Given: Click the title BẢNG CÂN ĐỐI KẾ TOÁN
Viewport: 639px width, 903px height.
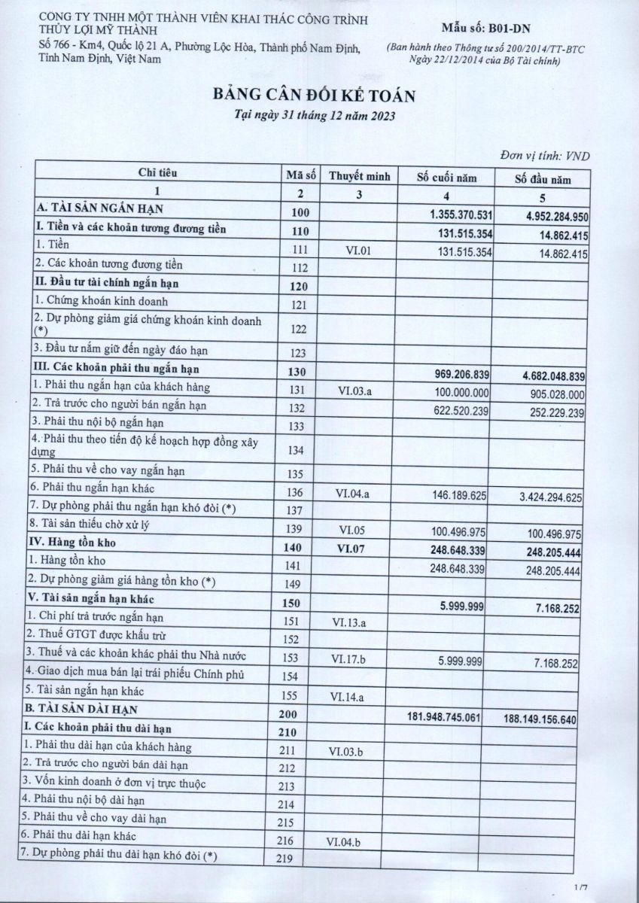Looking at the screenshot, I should pyautogui.click(x=314, y=95).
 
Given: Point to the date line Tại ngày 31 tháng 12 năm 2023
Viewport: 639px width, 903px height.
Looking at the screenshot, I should pyautogui.click(x=314, y=117).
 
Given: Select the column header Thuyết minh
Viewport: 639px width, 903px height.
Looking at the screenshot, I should pyautogui.click(x=359, y=178).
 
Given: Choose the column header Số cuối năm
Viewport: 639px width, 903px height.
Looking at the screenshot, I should pyautogui.click(x=448, y=178).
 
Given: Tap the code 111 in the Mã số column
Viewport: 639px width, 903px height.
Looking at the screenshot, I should pyautogui.click(x=300, y=250).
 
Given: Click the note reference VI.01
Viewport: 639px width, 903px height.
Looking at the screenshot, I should pyautogui.click(x=359, y=250).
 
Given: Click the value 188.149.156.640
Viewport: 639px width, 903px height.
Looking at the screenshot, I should pyautogui.click(x=539, y=719).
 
